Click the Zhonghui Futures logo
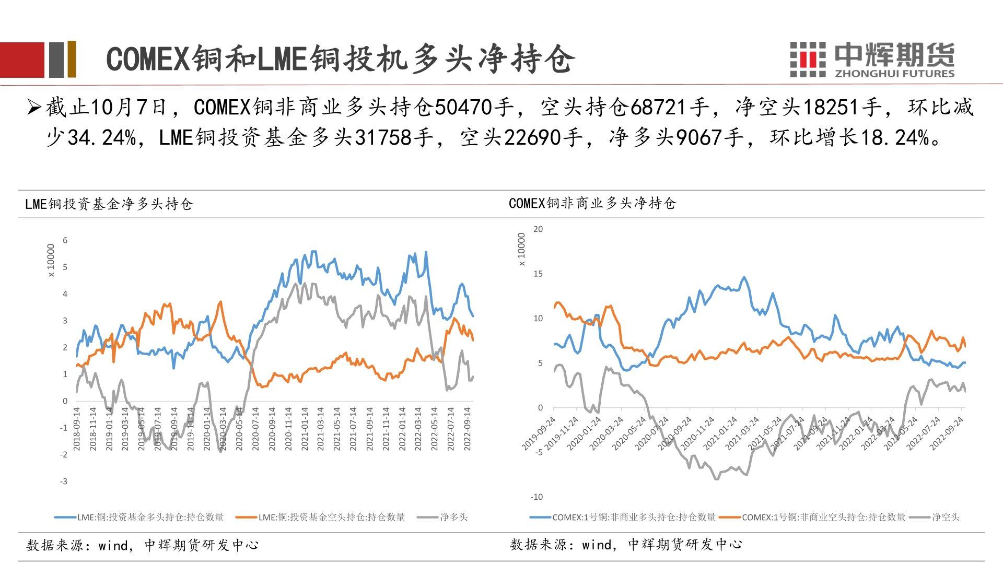tap(871, 60)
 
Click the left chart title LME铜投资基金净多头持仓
tap(109, 204)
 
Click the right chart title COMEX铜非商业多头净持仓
tap(592, 203)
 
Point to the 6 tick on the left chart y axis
tap(65, 241)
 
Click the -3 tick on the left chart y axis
tap(63, 481)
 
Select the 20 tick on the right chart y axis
tap(538, 229)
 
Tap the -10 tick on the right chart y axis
tap(537, 497)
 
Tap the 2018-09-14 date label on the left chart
tap(77, 429)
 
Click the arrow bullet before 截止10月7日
tap(34, 108)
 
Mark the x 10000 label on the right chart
tap(521, 249)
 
